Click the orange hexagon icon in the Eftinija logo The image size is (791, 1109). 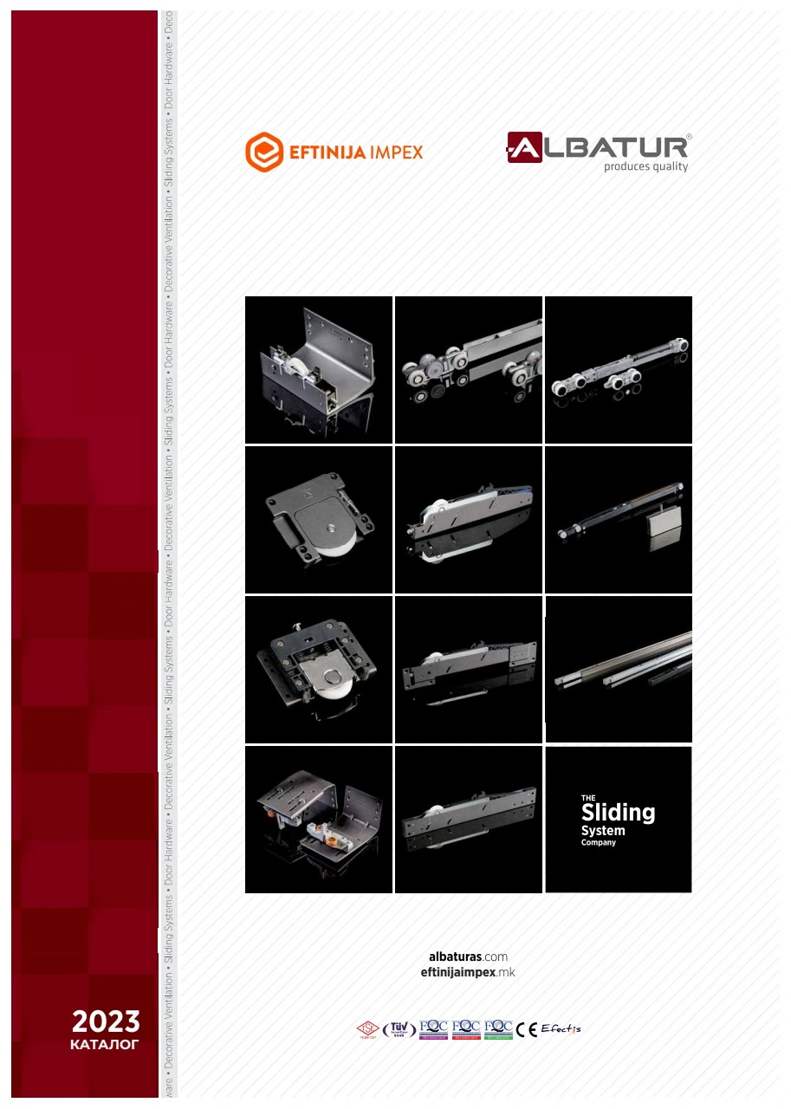(264, 152)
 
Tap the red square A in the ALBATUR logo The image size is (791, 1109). (524, 147)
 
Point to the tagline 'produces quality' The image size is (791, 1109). (645, 166)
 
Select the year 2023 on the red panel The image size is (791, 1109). (106, 1021)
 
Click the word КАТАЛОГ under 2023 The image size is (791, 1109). (105, 1045)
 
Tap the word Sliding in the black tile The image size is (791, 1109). (618, 813)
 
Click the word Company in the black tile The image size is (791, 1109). (599, 842)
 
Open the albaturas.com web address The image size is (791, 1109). (468, 957)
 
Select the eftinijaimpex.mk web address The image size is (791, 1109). (468, 972)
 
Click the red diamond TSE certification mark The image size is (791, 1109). (367, 1029)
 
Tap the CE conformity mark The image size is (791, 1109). (527, 1029)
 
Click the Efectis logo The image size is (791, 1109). (561, 1029)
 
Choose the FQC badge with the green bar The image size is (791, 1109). (498, 1028)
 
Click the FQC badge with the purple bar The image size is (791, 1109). (434, 1028)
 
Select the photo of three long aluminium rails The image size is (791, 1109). (619, 669)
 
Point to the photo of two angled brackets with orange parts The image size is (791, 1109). (319, 819)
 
